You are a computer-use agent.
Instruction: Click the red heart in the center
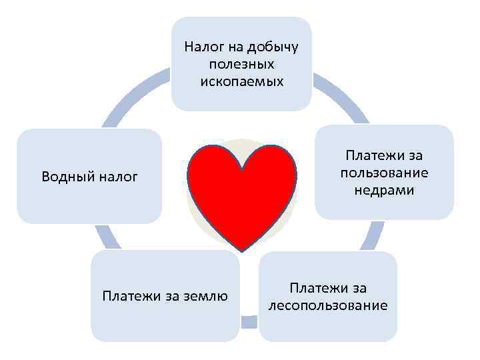(241, 193)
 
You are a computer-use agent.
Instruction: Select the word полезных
(241, 65)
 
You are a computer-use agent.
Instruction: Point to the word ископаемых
(241, 82)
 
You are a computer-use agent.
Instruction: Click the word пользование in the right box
(384, 173)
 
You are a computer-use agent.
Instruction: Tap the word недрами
(384, 191)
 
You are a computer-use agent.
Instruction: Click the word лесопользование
(327, 305)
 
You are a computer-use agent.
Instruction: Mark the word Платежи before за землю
(129, 296)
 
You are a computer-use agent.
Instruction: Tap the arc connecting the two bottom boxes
(249, 322)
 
